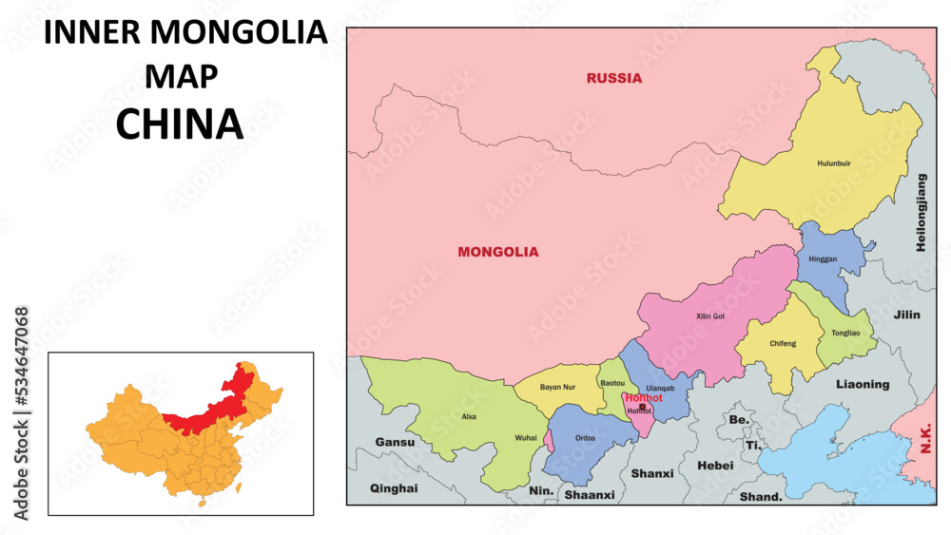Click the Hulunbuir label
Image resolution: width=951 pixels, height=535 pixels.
point(834,163)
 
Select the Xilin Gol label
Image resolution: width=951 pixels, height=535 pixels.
point(710,315)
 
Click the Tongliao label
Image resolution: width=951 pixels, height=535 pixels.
point(845,334)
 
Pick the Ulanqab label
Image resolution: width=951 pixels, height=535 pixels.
point(659,388)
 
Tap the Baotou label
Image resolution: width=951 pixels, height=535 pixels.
point(612,383)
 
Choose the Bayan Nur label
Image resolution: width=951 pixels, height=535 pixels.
point(557,388)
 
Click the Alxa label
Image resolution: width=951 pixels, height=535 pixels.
point(469,416)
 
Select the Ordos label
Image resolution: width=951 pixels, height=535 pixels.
point(585,438)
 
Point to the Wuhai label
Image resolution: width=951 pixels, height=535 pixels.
point(525,438)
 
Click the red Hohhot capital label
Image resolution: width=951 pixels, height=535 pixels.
point(643,398)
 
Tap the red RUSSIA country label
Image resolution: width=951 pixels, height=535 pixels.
point(613,78)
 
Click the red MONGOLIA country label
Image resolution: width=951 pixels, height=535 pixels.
point(497,252)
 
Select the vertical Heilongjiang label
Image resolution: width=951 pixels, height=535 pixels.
point(921,213)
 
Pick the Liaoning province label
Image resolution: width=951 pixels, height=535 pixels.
point(863,385)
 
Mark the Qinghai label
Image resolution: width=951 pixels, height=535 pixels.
point(393,487)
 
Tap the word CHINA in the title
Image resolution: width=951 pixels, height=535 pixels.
point(180,124)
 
